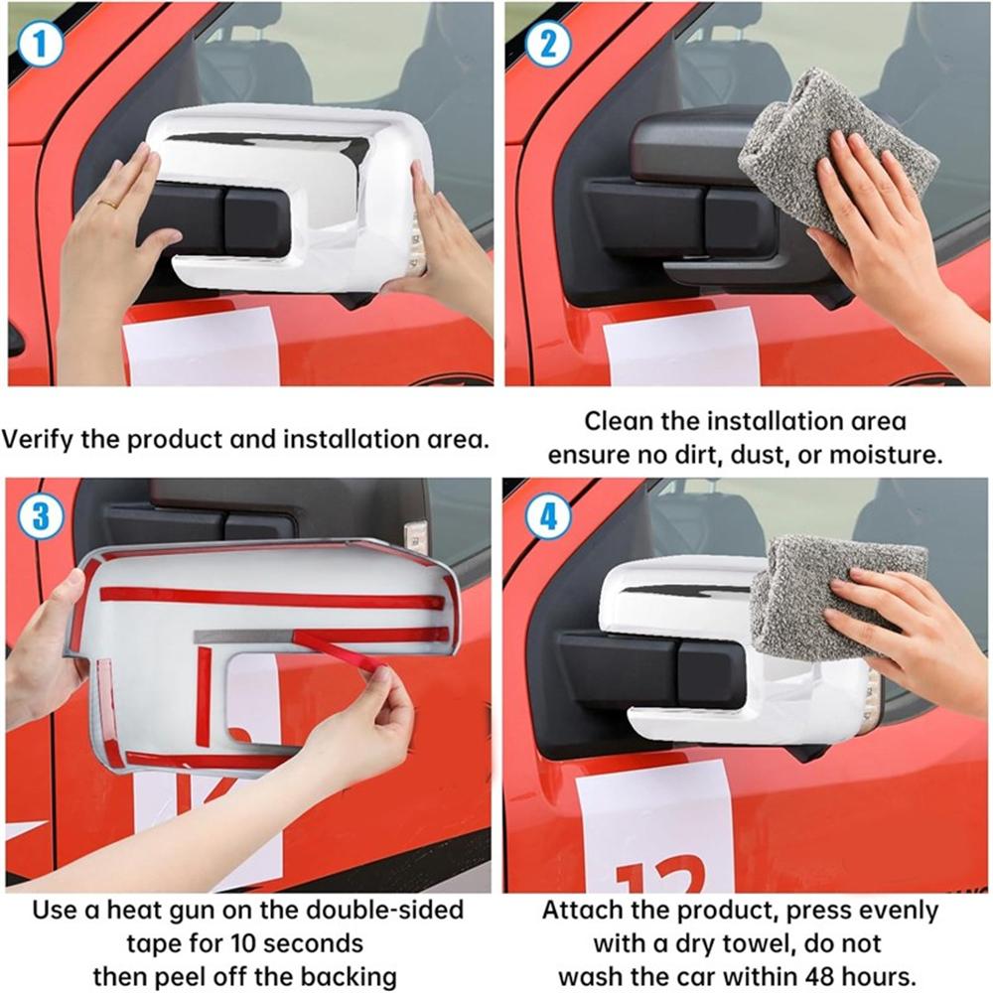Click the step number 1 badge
[x=41, y=44]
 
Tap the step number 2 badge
[x=548, y=44]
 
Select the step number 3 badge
[x=41, y=516]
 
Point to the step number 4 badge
[x=548, y=516]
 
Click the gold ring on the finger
[x=108, y=204]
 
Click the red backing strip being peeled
[x=341, y=649]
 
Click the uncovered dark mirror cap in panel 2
[x=690, y=144]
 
